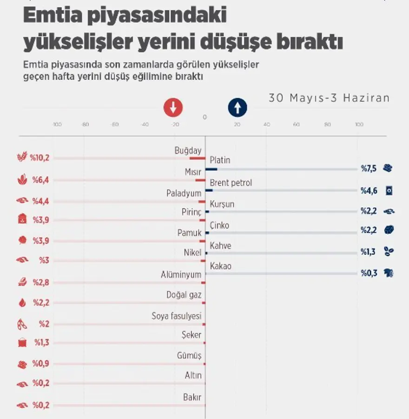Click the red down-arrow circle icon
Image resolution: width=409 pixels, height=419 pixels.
tap(173, 108)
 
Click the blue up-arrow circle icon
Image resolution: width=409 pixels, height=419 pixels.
tap(237, 108)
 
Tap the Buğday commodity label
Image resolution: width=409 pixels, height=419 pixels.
tap(188, 150)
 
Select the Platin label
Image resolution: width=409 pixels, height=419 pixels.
tap(220, 160)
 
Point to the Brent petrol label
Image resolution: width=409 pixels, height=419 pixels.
tap(231, 182)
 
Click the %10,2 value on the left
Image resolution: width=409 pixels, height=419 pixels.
tap(40, 157)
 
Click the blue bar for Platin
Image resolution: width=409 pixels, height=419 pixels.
tap(211, 169)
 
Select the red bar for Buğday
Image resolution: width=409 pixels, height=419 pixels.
tap(197, 158)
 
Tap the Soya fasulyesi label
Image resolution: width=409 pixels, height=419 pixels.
tap(176, 316)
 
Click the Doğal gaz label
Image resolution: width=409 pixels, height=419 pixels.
tap(184, 294)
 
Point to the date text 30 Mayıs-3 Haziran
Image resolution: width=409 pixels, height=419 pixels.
tap(329, 98)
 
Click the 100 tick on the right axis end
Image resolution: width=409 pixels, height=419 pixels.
tap(359, 124)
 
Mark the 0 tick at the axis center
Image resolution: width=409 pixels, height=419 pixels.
tap(204, 117)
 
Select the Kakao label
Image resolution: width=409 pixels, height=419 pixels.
tap(220, 266)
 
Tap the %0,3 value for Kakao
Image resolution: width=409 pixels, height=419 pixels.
tap(369, 273)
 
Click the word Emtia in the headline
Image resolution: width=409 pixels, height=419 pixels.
tap(54, 16)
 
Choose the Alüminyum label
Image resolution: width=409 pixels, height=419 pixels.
tap(181, 275)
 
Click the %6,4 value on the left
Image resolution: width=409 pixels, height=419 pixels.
tap(40, 180)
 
